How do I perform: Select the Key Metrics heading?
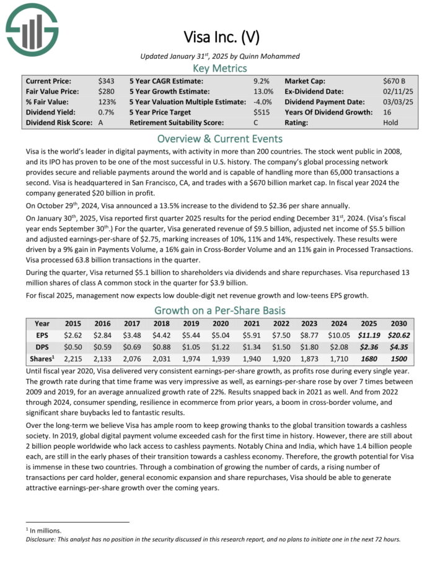pos(220,68)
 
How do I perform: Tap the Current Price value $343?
pos(106,81)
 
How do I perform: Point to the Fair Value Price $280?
pos(106,92)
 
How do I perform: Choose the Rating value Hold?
pos(391,123)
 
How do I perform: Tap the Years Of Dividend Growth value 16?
pos(388,112)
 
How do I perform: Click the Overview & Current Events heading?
pos(220,138)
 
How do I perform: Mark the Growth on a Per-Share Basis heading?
pos(220,310)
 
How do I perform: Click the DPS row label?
pos(42,347)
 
